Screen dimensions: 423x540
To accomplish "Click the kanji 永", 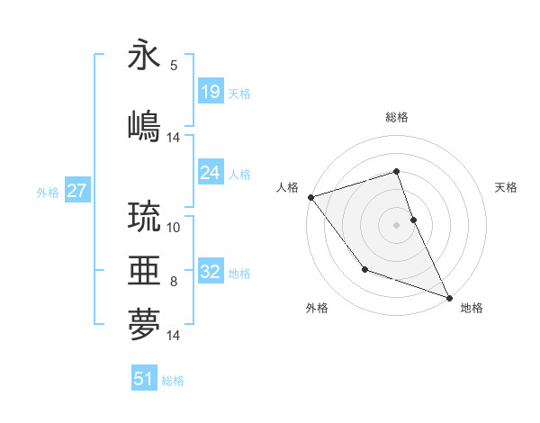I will [144, 56].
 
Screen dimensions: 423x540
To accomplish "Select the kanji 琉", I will [144, 216].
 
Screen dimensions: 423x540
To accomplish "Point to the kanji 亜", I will [144, 270].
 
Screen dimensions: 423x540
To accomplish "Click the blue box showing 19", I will [210, 93].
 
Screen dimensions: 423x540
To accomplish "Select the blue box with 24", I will [210, 174].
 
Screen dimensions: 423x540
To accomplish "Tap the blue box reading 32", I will [210, 273].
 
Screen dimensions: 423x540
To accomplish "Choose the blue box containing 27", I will [76, 192].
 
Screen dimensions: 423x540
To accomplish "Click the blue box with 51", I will [144, 379].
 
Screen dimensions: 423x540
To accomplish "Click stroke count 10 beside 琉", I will [174, 227].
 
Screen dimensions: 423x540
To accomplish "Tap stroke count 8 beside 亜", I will [174, 282].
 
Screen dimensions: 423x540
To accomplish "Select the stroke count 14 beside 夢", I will [174, 336].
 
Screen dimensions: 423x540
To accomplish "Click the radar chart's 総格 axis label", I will [396, 117].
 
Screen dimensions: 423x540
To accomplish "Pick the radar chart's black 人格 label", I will [287, 187].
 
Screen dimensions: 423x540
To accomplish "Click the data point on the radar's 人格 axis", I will [310, 197].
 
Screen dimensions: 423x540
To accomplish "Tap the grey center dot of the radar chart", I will [396, 225].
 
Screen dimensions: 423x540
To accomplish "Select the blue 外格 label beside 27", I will [48, 193].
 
